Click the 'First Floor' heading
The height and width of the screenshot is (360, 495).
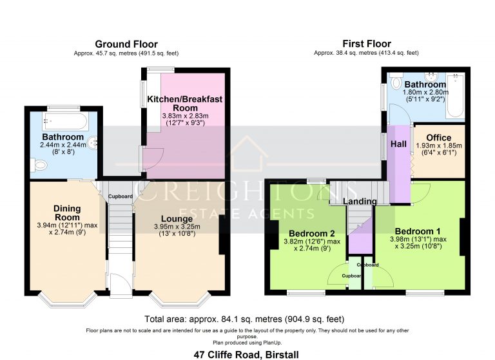click(365, 44)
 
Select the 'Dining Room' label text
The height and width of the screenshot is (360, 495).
click(67, 213)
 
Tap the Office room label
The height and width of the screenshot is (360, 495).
click(438, 138)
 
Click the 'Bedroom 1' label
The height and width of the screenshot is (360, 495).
click(418, 231)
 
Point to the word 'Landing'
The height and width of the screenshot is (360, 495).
click(359, 202)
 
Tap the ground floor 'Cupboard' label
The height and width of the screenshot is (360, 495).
click(120, 196)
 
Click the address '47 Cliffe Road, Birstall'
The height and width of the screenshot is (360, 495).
click(247, 354)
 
